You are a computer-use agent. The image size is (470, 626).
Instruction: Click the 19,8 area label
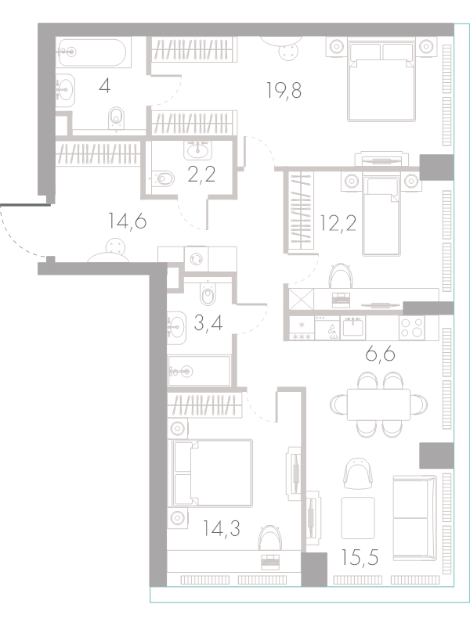(284, 90)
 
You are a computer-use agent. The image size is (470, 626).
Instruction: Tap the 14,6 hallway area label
(128, 221)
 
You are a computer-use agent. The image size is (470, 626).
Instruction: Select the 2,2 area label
(202, 174)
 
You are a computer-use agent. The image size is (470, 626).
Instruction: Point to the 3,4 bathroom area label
(208, 323)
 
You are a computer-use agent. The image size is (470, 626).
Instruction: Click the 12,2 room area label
(338, 223)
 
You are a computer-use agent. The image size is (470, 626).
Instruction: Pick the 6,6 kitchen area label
(380, 354)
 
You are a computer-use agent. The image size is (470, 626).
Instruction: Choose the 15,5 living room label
(360, 557)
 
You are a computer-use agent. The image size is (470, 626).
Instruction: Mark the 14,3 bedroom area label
(221, 529)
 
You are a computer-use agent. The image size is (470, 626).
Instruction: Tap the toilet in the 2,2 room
(164, 178)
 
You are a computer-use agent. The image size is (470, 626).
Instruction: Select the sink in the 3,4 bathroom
(176, 328)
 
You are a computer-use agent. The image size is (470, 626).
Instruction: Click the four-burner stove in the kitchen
(412, 328)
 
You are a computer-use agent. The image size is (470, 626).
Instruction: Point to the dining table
(378, 404)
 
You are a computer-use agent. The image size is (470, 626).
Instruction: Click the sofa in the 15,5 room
(414, 518)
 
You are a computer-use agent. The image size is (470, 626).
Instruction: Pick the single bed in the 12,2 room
(381, 216)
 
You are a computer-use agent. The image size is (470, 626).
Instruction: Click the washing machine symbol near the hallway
(197, 259)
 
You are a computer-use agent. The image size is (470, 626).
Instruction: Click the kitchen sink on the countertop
(353, 327)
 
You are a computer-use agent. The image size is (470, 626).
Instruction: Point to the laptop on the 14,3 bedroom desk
(270, 562)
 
